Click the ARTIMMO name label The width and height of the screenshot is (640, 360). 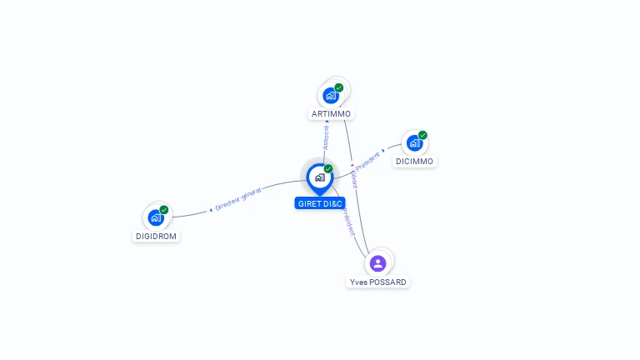point(331,113)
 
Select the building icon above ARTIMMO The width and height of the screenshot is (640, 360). point(331,96)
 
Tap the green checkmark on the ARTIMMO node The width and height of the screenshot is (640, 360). point(339,87)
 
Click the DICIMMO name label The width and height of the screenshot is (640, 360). point(414,161)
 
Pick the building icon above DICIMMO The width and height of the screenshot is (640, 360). point(414,143)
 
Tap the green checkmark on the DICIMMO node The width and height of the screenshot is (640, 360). point(422,135)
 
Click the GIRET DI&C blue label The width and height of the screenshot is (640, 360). point(320,203)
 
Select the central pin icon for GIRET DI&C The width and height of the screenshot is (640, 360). point(319,177)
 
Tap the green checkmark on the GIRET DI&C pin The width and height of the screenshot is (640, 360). point(328,168)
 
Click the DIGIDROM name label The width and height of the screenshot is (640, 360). point(156,236)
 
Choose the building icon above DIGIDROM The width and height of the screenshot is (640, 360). point(156,217)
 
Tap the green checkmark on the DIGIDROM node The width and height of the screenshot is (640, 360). point(164,210)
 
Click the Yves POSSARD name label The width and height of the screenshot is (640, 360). point(378,282)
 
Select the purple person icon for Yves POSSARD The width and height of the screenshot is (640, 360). point(377,263)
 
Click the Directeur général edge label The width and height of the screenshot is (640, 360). point(238,199)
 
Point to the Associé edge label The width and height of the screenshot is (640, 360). point(326,137)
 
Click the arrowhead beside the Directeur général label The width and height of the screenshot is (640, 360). point(211,210)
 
